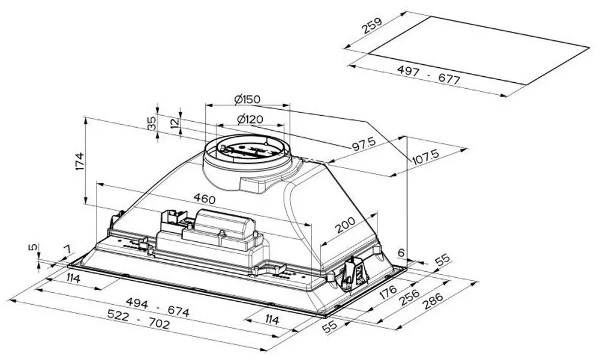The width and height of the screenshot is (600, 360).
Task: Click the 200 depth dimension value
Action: click(346, 226)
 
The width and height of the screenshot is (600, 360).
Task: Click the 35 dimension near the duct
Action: click(152, 123)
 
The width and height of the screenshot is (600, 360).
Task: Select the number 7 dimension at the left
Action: click(67, 248)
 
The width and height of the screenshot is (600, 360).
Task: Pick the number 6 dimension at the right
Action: click(401, 252)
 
